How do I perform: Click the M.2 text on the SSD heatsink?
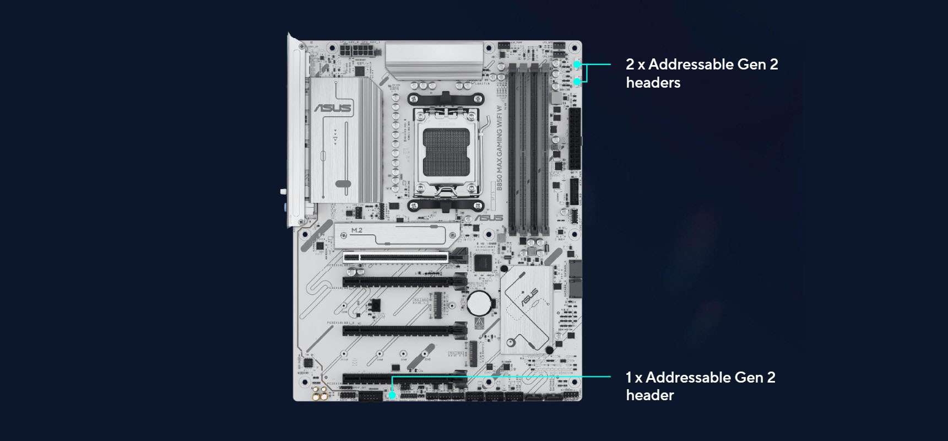357,230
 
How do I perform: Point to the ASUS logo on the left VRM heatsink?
333,107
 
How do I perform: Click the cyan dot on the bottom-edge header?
392,395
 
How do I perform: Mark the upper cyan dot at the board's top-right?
577,64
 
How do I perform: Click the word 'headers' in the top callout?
653,83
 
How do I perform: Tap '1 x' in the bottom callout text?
633,378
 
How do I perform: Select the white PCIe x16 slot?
402,256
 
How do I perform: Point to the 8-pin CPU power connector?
357,50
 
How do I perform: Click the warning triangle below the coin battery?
479,321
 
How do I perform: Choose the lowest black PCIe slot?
405,380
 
